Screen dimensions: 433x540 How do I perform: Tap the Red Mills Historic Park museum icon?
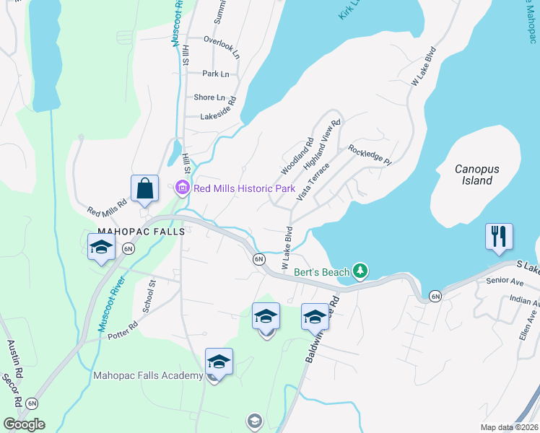182,188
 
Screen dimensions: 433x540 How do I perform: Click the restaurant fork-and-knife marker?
500,237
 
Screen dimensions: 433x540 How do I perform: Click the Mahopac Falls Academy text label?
148,375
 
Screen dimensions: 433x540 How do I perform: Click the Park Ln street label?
215,74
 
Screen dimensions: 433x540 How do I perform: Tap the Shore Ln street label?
209,97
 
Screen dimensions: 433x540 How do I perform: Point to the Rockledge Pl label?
369,154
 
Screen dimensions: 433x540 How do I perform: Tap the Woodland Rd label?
297,156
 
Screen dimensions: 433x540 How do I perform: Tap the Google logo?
24,424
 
